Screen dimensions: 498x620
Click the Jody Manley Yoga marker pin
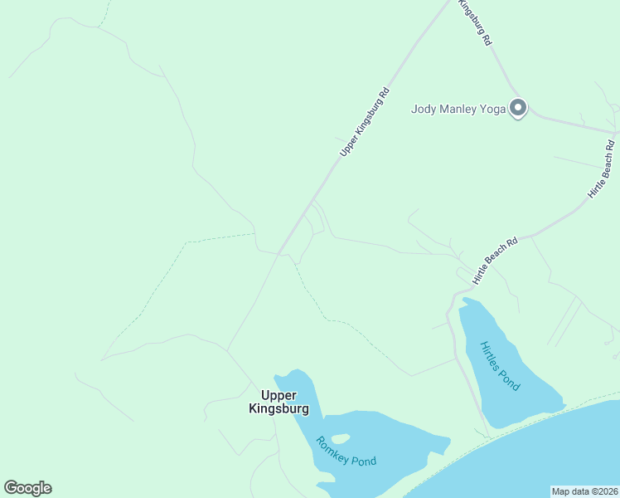pyautogui.click(x=518, y=108)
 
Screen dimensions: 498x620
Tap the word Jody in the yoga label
pyautogui.click(x=424, y=109)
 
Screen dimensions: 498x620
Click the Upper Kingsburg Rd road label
pyautogui.click(x=364, y=122)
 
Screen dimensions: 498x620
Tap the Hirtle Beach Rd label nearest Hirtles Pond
pyautogui.click(x=496, y=259)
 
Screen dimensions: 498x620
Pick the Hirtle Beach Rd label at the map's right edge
pyautogui.click(x=603, y=168)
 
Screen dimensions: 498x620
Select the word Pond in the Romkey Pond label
pyautogui.click(x=362, y=461)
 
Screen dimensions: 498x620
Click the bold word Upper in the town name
pyautogui.click(x=279, y=395)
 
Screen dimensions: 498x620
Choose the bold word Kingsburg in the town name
pyautogui.click(x=279, y=408)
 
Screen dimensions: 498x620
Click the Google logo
pyautogui.click(x=27, y=488)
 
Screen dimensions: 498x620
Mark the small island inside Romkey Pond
pyautogui.click(x=340, y=438)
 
